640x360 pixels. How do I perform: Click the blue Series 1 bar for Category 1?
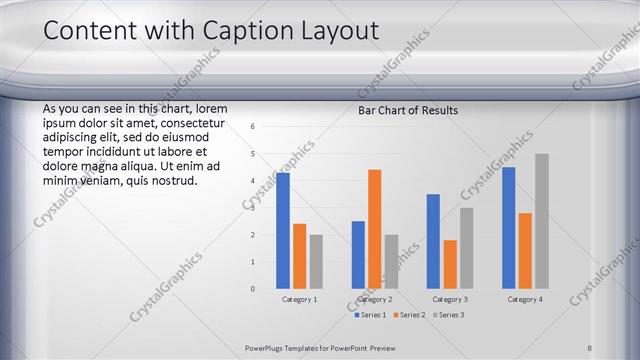(283, 230)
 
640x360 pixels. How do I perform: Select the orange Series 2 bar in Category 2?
(374, 229)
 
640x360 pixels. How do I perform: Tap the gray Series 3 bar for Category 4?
(541, 221)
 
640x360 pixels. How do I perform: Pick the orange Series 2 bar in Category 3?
(450, 264)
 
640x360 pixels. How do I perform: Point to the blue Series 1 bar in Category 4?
(509, 228)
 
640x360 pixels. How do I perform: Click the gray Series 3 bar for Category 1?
(316, 261)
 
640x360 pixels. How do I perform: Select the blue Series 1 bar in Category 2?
(358, 255)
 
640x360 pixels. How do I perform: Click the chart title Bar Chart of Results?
(408, 110)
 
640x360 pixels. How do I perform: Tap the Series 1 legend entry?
(372, 315)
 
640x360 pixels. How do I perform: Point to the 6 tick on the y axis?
(253, 127)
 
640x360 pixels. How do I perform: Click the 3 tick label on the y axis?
(253, 208)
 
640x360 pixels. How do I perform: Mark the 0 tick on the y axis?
(253, 289)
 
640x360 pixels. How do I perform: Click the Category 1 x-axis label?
(299, 299)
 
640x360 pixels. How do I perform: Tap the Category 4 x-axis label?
(525, 299)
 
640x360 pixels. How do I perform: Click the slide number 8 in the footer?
(590, 347)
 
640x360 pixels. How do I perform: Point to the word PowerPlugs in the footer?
(267, 347)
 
